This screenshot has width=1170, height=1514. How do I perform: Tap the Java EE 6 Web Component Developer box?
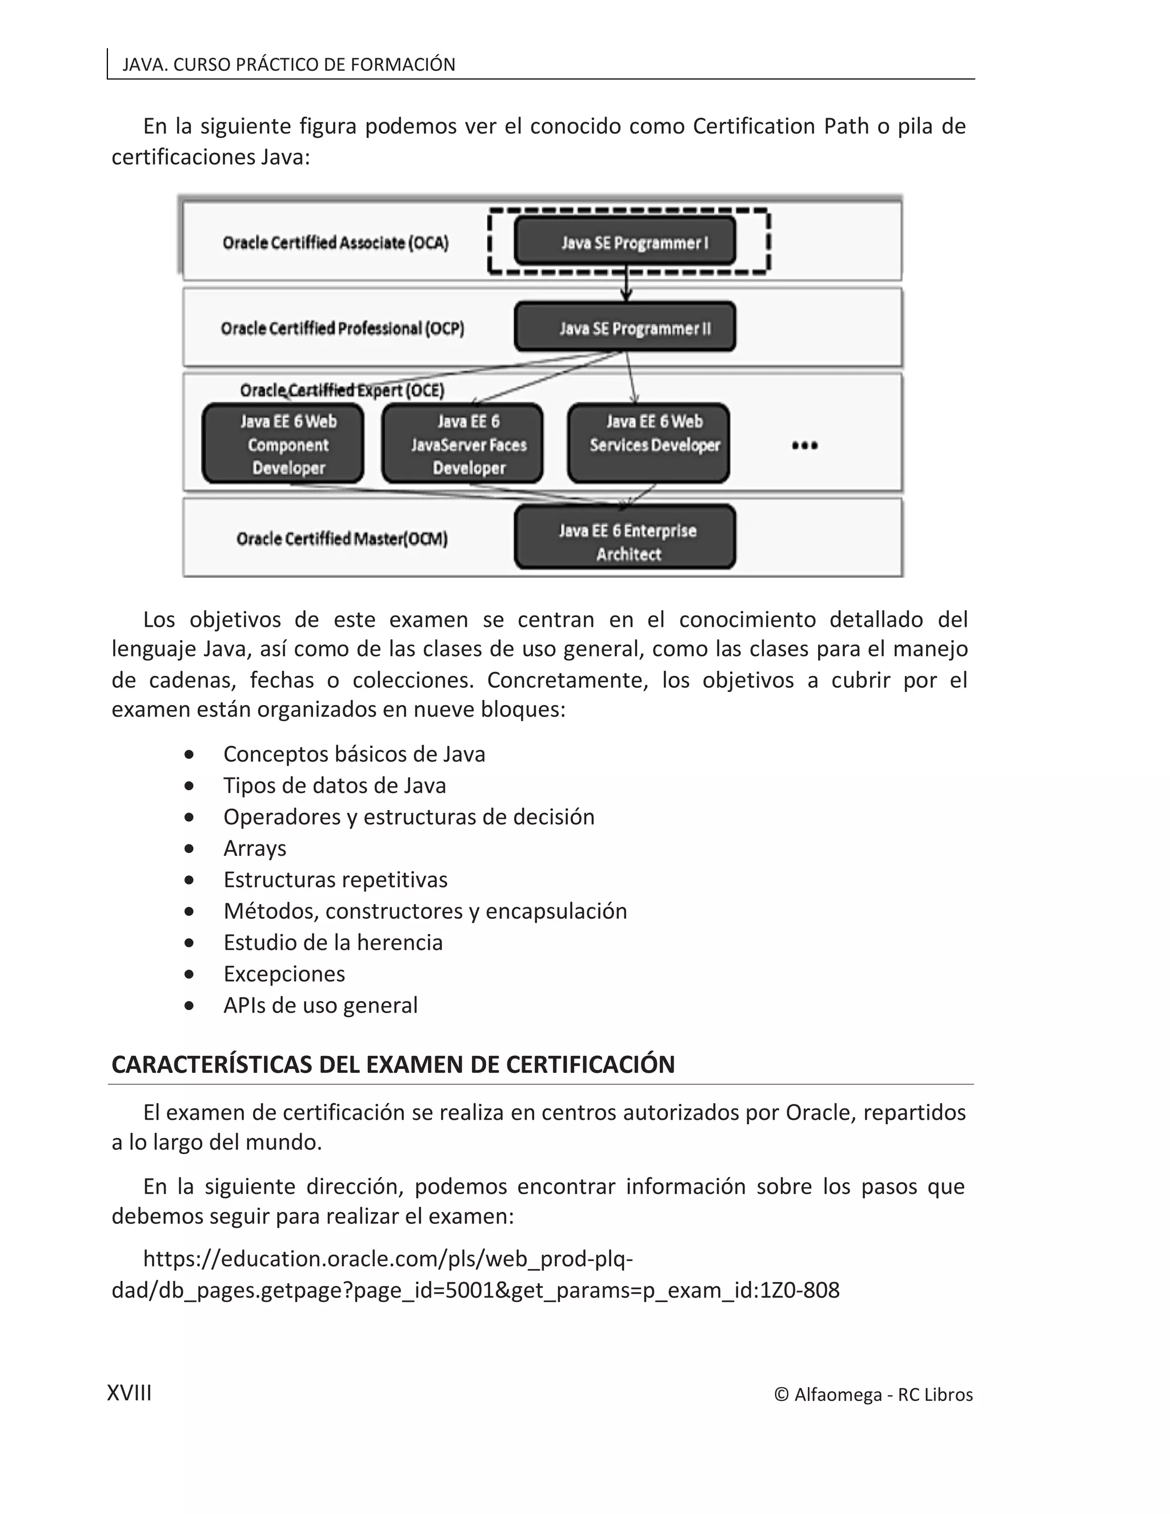click(283, 444)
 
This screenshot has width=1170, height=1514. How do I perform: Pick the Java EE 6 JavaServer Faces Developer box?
click(462, 444)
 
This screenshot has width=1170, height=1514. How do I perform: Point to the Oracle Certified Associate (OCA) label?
click(335, 243)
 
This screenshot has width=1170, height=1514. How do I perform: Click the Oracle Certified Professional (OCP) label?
click(342, 328)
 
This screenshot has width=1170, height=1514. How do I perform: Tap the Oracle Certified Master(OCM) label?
click(342, 539)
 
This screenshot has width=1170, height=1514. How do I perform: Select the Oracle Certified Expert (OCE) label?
click(342, 390)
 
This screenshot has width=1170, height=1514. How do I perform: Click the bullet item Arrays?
click(254, 848)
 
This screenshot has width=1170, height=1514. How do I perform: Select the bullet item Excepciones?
click(283, 974)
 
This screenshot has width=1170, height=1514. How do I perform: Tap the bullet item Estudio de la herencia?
click(332, 943)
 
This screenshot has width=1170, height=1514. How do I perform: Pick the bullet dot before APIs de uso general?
click(189, 1006)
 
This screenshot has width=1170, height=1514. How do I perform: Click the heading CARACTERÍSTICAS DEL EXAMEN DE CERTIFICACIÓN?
click(393, 1065)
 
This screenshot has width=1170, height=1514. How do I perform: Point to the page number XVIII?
click(129, 1393)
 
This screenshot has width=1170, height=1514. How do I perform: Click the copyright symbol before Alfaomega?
click(781, 1395)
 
